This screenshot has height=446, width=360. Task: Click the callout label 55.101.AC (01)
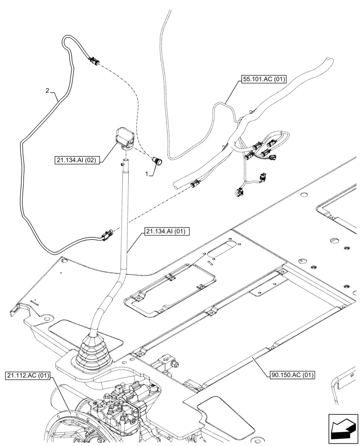pos(263,80)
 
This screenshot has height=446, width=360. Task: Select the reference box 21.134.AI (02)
pos(78,159)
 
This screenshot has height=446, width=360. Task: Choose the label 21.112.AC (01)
pos(29,375)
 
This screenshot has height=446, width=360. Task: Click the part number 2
pos(47,91)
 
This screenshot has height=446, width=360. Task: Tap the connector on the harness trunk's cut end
pos(193,183)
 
